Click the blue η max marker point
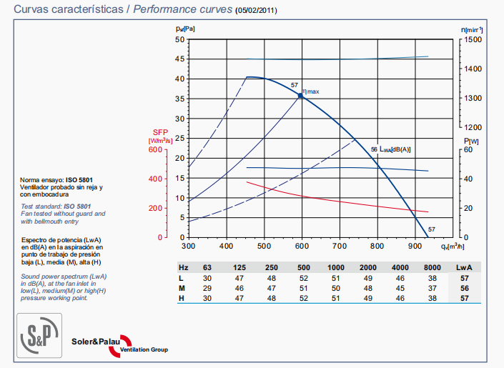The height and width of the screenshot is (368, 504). pos(300,94)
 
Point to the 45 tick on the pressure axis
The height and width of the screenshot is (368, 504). pos(180,59)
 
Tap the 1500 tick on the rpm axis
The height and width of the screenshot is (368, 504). pos(474,39)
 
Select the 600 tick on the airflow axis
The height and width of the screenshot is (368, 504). pos(301,246)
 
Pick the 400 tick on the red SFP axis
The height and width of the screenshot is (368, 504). pos(156,179)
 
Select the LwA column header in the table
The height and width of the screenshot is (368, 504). pos(466,267)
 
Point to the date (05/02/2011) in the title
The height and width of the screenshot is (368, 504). pos(257,11)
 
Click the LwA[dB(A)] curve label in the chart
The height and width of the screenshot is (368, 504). pos(395,149)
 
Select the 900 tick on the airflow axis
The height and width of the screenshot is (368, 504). pos(414,246)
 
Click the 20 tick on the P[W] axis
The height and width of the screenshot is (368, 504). pos(468,208)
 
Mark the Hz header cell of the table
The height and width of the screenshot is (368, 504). pos(183,267)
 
